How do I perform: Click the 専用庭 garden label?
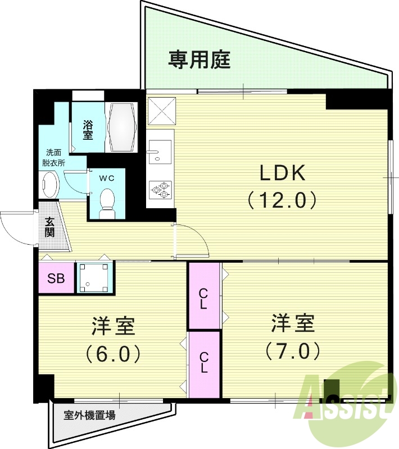[199, 59]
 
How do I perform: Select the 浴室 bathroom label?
[88, 130]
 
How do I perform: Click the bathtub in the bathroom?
[122, 126]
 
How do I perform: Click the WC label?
[107, 178]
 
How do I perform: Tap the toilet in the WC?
[106, 200]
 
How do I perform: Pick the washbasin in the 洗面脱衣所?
[50, 185]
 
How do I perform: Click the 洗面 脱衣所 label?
[55, 157]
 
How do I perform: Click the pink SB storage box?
[56, 278]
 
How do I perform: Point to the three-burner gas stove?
[160, 189]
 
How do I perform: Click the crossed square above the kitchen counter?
[161, 111]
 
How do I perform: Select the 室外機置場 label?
[90, 416]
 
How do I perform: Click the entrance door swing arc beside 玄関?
[17, 229]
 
